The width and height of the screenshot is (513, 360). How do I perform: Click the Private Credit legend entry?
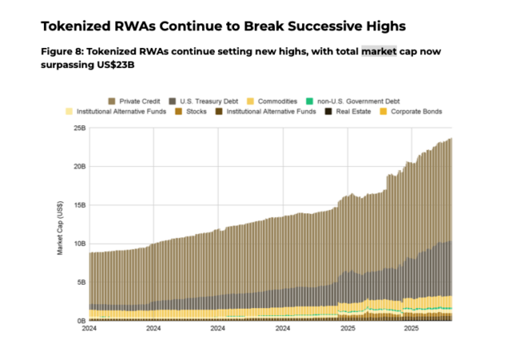(x=139, y=101)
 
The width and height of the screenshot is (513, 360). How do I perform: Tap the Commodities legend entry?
(x=278, y=101)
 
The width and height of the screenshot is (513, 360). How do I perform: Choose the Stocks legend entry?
(x=196, y=111)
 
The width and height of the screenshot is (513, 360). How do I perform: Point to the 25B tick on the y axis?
(x=79, y=128)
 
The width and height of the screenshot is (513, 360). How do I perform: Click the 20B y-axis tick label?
(x=79, y=167)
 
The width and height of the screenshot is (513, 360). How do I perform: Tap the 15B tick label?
(x=79, y=205)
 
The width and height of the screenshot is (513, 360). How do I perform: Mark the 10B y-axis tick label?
(x=79, y=244)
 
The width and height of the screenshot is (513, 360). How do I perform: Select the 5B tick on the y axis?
(x=80, y=282)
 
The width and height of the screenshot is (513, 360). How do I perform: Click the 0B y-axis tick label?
(x=80, y=321)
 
